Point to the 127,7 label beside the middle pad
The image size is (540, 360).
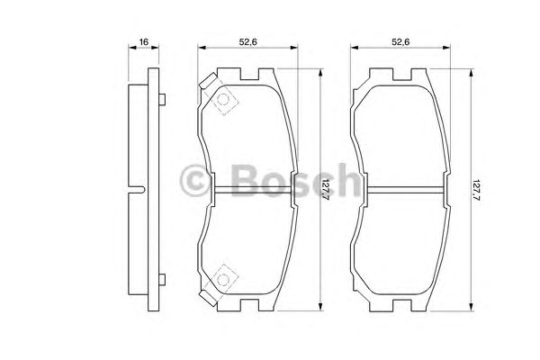pos(327,190)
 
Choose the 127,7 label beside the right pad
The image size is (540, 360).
pos(477,190)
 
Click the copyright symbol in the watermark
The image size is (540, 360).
pos(198,181)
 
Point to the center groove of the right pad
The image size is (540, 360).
pos(400,189)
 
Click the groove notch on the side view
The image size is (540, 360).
pos(140,189)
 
